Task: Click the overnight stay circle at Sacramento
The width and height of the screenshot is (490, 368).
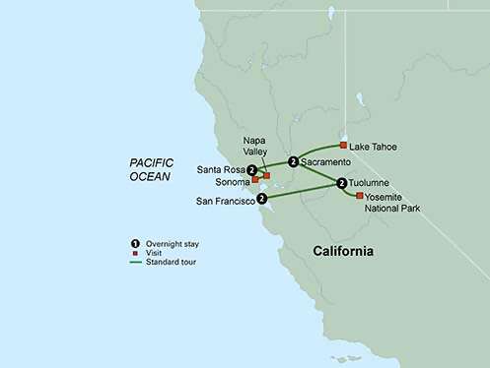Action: click(x=293, y=161)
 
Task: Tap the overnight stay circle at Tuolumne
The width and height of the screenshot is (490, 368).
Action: click(x=342, y=182)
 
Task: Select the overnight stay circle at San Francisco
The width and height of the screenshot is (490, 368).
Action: click(x=261, y=198)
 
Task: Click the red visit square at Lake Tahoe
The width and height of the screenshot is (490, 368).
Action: click(x=343, y=146)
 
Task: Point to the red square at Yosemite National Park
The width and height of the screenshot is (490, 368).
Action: click(x=359, y=196)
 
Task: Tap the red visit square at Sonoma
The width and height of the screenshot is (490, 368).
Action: click(x=254, y=180)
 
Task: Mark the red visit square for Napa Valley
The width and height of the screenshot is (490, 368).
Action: click(x=266, y=174)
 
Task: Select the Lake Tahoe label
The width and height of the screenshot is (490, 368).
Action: click(x=375, y=147)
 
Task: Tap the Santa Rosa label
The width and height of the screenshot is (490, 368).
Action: click(x=221, y=169)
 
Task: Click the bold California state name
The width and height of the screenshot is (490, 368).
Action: click(x=343, y=251)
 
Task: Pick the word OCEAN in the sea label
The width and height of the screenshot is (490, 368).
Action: click(x=149, y=176)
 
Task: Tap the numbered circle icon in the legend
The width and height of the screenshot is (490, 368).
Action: click(x=134, y=243)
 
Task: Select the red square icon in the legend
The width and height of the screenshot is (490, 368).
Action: click(x=134, y=253)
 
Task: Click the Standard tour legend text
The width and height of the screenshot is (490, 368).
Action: click(x=170, y=262)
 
